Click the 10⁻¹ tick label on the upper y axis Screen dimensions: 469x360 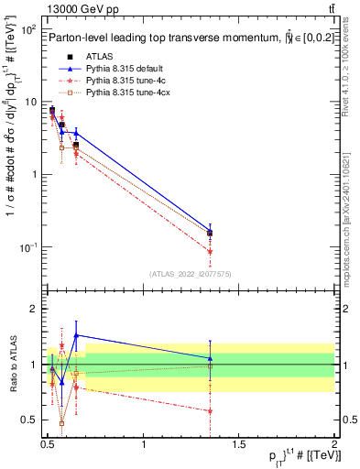(x=27, y=247)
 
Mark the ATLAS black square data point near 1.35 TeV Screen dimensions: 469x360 (x=211, y=233)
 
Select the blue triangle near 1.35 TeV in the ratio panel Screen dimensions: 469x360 (x=211, y=358)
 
